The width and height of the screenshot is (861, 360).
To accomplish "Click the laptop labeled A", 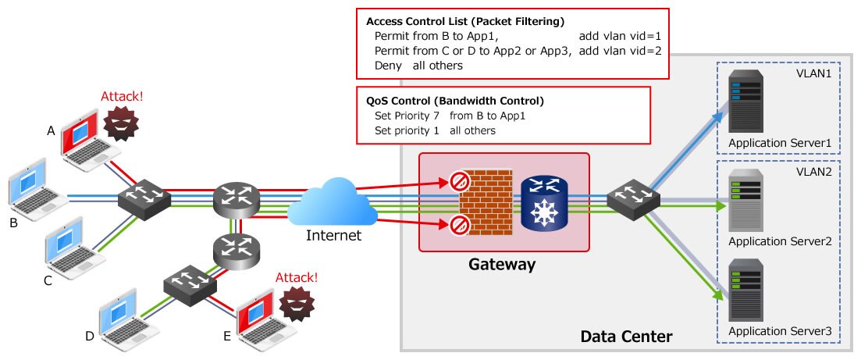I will [x=84, y=140].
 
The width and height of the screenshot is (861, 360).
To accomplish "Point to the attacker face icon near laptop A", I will [x=121, y=124].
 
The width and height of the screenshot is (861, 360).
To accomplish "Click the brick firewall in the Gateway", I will [x=484, y=202].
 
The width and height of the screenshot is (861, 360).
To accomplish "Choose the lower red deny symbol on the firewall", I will [x=458, y=226].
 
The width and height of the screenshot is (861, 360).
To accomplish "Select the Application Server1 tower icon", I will [x=745, y=102].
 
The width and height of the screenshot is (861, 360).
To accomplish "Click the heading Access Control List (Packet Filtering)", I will [x=465, y=21].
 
